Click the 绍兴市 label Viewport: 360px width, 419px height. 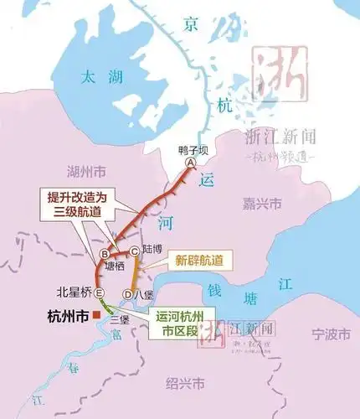[185, 384]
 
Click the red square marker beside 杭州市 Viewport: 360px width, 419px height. [98, 315]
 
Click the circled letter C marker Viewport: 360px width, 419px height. [134, 252]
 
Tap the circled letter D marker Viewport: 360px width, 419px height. [127, 294]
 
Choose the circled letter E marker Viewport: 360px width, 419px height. [99, 292]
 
